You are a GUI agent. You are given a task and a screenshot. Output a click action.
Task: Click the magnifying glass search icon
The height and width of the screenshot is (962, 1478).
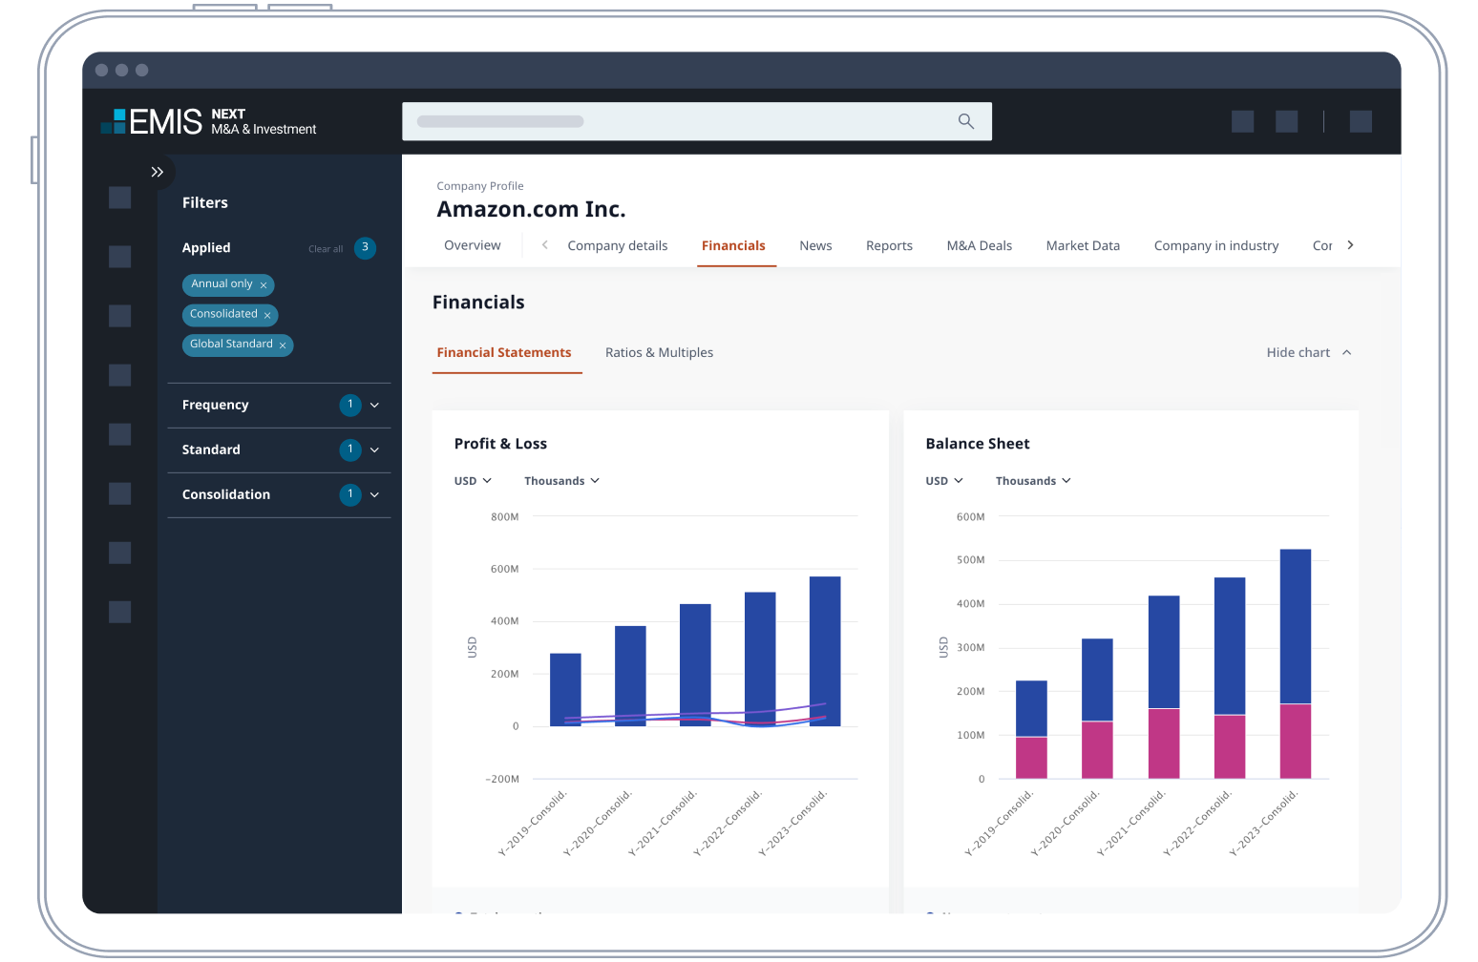click(965, 121)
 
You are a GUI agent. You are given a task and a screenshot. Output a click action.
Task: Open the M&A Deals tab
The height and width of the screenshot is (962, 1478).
click(979, 246)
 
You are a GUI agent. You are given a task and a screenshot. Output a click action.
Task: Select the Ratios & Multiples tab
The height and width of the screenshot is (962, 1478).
click(659, 353)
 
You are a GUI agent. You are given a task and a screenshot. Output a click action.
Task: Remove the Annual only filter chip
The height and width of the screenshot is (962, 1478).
click(264, 285)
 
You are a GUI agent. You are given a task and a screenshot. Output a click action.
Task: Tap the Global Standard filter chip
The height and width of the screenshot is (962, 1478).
click(231, 345)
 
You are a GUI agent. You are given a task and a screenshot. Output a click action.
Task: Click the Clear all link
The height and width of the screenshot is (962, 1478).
click(326, 249)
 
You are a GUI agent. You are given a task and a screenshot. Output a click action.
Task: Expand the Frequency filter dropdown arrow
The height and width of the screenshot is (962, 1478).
click(374, 406)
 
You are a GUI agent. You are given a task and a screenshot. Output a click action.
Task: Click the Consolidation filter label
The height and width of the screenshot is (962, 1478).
click(226, 494)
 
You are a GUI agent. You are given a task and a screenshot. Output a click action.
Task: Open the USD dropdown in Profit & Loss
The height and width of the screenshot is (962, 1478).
click(473, 481)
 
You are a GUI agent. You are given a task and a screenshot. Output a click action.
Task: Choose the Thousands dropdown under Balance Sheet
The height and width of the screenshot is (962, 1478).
click(1033, 481)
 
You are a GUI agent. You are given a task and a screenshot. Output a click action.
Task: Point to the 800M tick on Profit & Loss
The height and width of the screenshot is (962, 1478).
click(505, 517)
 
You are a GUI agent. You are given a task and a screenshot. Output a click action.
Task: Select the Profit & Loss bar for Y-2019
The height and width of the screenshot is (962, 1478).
click(565, 689)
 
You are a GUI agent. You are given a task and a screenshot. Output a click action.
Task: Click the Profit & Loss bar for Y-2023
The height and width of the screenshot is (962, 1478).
click(825, 651)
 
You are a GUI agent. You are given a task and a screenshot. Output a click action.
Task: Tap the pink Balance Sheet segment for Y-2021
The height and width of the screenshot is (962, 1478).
click(1164, 743)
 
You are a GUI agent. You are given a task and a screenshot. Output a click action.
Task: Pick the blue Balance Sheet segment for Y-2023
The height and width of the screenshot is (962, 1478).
click(1296, 626)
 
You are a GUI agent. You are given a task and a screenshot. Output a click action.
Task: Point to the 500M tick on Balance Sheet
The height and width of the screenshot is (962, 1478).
click(970, 560)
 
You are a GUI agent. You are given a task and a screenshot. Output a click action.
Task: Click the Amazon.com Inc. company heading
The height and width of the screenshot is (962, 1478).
click(531, 210)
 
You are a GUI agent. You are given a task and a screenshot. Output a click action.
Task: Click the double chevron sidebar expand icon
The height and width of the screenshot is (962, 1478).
click(158, 173)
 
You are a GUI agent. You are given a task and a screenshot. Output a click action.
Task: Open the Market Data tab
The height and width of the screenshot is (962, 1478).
click(1083, 246)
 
